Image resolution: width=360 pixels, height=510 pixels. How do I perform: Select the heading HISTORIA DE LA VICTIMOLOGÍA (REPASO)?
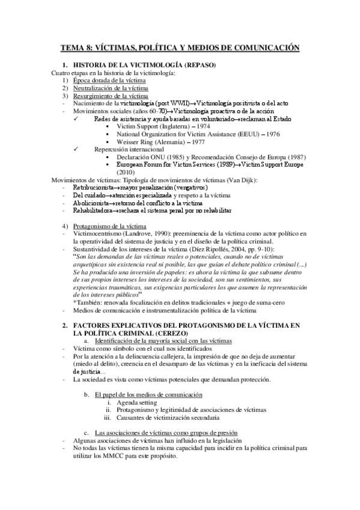tap(144, 64)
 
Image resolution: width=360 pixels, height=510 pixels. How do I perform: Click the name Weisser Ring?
tap(135, 142)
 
